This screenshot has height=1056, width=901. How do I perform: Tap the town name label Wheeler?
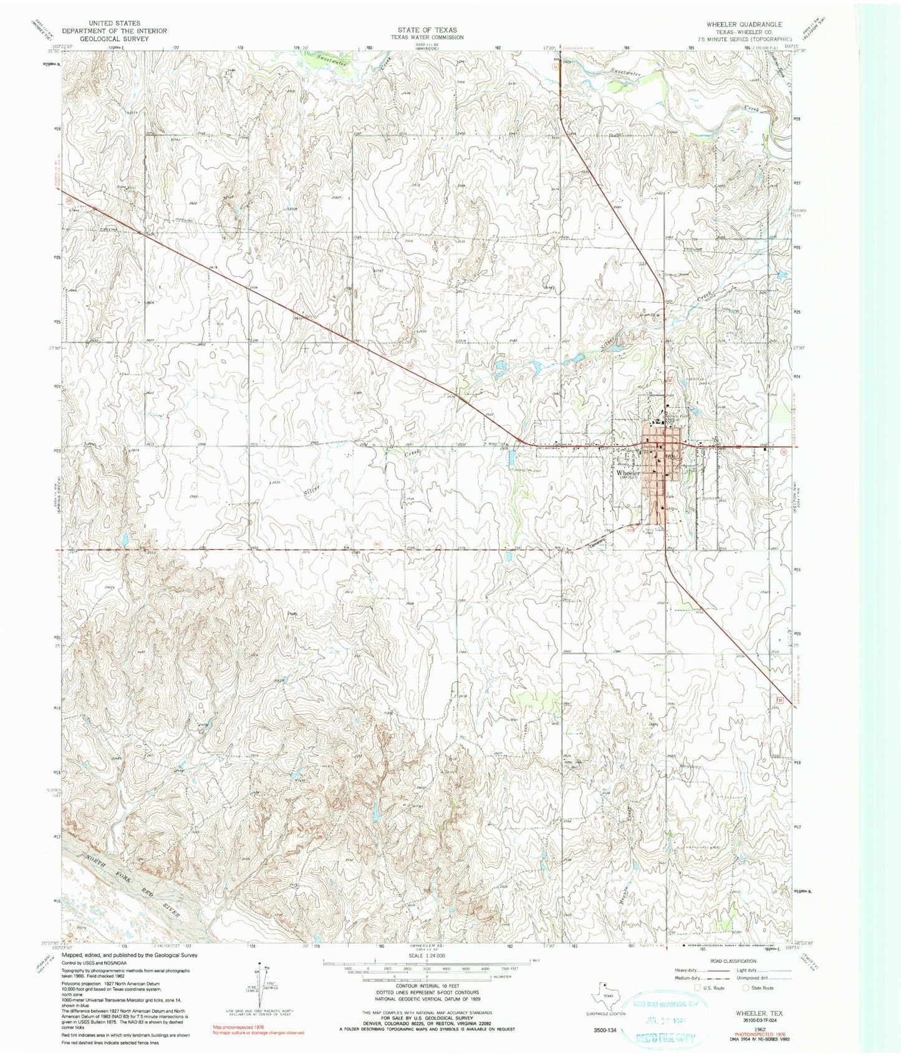(629, 473)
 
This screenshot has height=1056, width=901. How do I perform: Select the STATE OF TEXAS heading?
(427, 30)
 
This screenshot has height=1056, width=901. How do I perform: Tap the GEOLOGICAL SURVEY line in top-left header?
(114, 39)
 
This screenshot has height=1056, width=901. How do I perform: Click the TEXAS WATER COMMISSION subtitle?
(427, 37)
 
